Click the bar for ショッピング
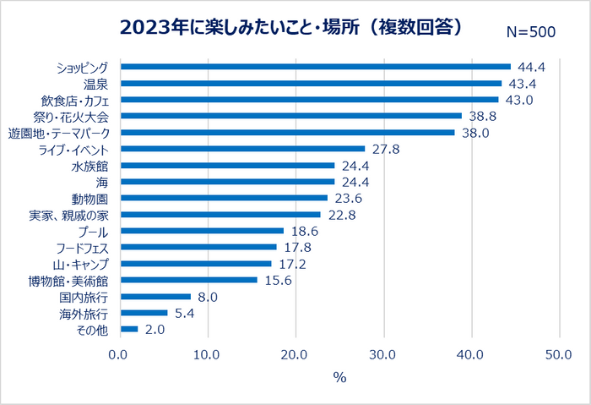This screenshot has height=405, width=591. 316,67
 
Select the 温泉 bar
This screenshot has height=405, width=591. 312,84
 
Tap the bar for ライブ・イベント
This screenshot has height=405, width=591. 243,149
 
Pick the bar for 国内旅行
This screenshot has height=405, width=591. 156,297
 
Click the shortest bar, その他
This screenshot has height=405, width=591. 130,330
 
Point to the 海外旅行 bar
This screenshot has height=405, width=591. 144,313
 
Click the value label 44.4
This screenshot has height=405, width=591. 531,67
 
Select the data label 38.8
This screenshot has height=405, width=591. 483,116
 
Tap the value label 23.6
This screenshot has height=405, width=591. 349,198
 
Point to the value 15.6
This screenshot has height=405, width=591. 279,281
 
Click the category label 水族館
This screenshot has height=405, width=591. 89,166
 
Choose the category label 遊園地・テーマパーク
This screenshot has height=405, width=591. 59,134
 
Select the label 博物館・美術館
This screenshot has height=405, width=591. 68,281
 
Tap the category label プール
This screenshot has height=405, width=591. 93,232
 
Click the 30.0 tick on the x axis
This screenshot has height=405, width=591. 382,355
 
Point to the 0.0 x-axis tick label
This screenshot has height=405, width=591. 118,355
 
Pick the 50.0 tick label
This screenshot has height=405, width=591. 559,355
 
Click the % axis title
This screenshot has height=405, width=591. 340,377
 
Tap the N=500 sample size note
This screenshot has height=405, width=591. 531,32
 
